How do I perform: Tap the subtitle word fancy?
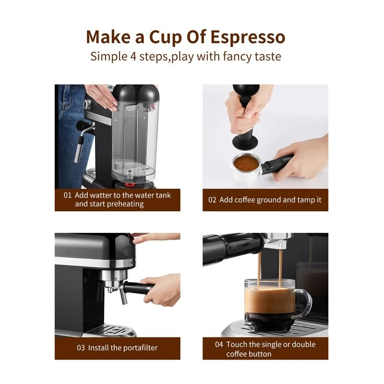point(240,56)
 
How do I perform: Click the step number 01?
point(67,195)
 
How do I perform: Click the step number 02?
point(212,200)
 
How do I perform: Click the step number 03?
point(81,348)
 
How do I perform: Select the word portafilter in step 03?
point(138,348)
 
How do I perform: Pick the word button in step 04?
point(260,354)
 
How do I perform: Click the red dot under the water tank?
point(129,183)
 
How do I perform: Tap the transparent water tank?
point(132,139)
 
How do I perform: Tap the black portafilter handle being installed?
point(139,288)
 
